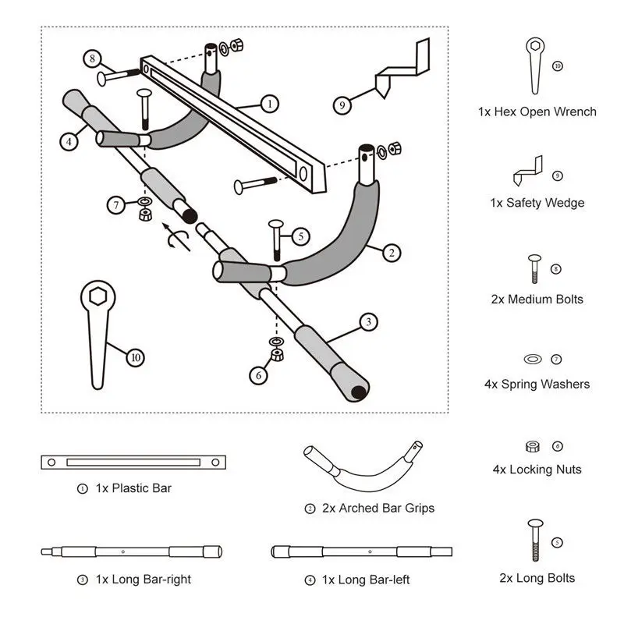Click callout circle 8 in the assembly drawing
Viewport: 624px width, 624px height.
click(93, 58)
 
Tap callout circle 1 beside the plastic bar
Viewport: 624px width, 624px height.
click(269, 103)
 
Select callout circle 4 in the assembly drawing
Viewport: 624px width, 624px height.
click(69, 141)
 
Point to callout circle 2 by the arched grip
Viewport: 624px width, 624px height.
click(392, 252)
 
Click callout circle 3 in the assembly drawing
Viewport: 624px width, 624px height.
click(367, 321)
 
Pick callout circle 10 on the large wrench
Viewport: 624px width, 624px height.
click(136, 357)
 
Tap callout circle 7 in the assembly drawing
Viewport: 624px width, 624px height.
click(116, 205)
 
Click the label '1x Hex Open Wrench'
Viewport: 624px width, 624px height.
click(537, 112)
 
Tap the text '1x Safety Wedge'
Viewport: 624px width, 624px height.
click(537, 203)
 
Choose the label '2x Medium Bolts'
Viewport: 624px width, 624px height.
click(537, 300)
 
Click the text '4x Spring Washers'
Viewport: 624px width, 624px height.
click(537, 384)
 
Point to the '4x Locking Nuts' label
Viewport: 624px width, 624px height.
click(537, 470)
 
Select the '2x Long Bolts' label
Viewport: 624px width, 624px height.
click(537, 578)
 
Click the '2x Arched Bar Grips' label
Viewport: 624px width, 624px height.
click(378, 508)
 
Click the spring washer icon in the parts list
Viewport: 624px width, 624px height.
click(532, 359)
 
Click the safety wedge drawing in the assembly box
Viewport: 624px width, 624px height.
click(399, 70)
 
